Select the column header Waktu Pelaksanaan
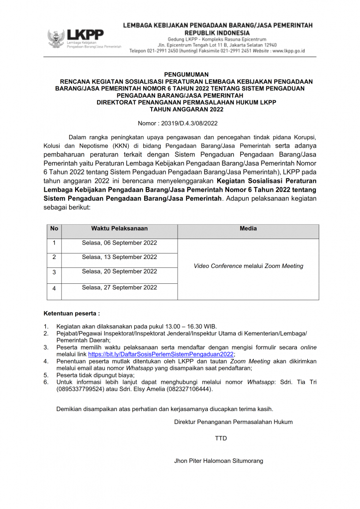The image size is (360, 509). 119,229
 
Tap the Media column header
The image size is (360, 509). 248,229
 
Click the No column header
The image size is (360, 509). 54,229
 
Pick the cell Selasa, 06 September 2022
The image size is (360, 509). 119,243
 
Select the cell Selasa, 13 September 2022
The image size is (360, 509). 119,257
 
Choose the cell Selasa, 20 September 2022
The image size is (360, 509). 119,271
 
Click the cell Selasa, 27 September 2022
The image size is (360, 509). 119,287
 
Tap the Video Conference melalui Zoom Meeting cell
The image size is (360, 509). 248,266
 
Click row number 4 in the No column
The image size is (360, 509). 54,288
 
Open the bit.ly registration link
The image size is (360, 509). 161,354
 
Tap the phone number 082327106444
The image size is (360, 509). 190,389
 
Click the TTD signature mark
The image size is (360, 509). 221,439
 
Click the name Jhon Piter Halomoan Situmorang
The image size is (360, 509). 218,461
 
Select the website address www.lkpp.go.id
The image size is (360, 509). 288,51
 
